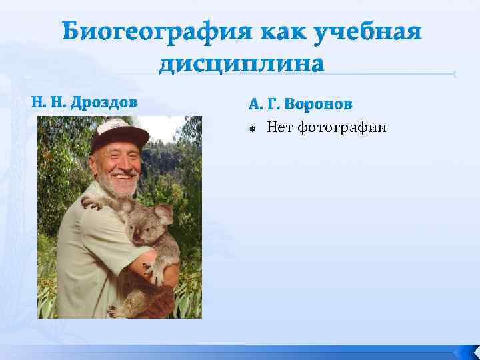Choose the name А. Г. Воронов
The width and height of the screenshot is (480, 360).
(x=301, y=105)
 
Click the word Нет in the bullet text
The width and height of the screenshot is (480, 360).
(x=280, y=127)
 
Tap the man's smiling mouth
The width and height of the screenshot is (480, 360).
(x=123, y=177)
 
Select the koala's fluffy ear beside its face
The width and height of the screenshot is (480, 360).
(x=163, y=214)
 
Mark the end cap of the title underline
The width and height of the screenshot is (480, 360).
(x=453, y=74)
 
